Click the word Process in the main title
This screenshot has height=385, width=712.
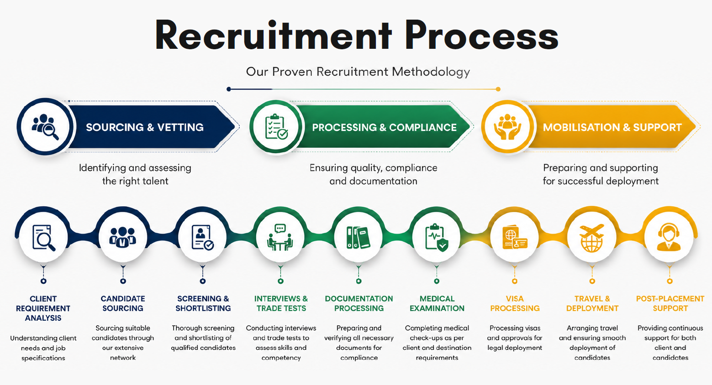click(x=481, y=35)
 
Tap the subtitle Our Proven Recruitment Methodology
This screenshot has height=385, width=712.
click(x=358, y=72)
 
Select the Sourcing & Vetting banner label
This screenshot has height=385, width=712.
click(x=145, y=127)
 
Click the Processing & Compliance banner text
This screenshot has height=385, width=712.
click(x=384, y=127)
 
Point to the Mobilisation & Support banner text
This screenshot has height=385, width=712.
click(x=612, y=127)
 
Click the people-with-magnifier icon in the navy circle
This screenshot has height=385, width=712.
click(x=46, y=127)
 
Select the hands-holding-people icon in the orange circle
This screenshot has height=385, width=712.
click(x=507, y=127)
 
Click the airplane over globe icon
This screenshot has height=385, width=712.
click(x=592, y=238)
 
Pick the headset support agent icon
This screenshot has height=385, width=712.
click(x=669, y=237)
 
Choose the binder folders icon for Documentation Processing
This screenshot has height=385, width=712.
click(x=359, y=237)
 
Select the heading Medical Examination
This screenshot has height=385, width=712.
click(x=437, y=303)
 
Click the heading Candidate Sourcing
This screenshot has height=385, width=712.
click(x=123, y=303)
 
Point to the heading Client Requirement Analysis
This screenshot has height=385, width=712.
click(x=43, y=308)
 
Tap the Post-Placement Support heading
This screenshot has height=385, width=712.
click(x=670, y=303)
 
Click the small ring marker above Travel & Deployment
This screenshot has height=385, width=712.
click(x=592, y=281)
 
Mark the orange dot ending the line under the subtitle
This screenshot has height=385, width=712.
click(x=498, y=89)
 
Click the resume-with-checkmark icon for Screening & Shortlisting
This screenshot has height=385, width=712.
click(x=202, y=237)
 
